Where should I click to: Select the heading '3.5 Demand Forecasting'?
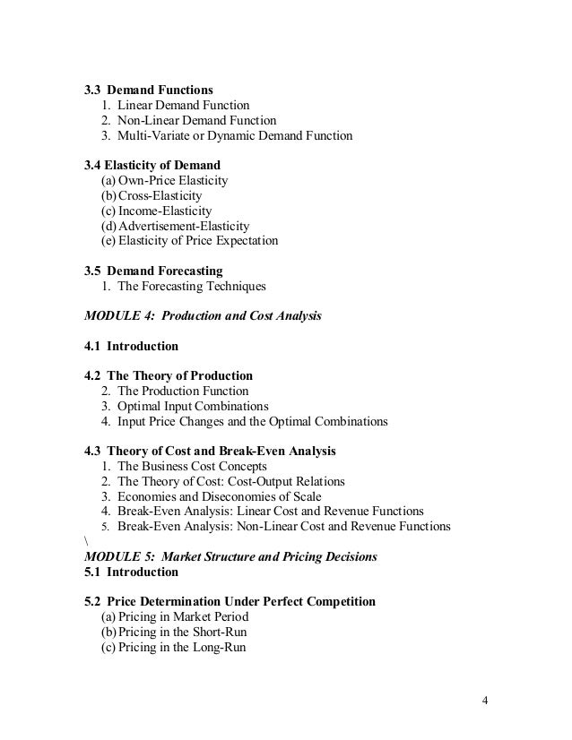153,271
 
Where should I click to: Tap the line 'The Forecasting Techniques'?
192,287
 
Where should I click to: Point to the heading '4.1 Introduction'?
131,346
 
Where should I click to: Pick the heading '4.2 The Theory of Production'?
169,375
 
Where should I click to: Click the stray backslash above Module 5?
85,541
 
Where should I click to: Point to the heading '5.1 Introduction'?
131,571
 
